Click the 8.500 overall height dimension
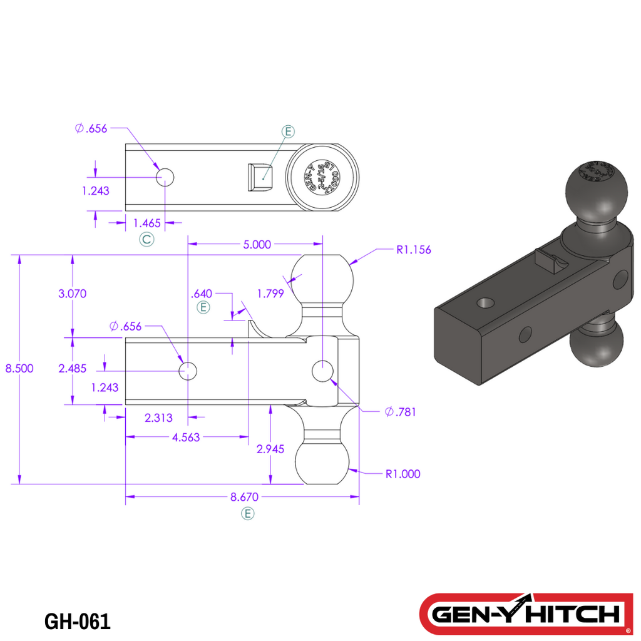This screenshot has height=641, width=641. click(x=19, y=368)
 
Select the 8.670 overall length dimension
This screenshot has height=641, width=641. click(x=243, y=497)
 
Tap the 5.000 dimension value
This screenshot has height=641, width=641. click(x=257, y=244)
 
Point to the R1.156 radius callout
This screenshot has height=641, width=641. click(x=413, y=250)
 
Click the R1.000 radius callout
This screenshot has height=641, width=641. click(x=403, y=474)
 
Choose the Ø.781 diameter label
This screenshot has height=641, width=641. click(x=401, y=412)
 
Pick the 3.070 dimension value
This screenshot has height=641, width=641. click(x=72, y=294)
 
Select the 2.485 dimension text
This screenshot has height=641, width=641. click(x=72, y=369)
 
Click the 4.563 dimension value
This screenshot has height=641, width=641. click(x=185, y=438)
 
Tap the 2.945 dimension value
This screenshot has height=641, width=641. click(x=270, y=449)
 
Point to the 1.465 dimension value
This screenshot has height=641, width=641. click(x=148, y=222)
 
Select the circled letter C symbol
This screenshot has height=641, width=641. click(x=146, y=239)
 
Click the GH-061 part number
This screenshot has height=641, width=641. click(x=78, y=622)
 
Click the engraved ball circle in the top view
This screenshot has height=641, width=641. click(x=323, y=176)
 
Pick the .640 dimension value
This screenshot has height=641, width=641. click(x=203, y=293)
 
